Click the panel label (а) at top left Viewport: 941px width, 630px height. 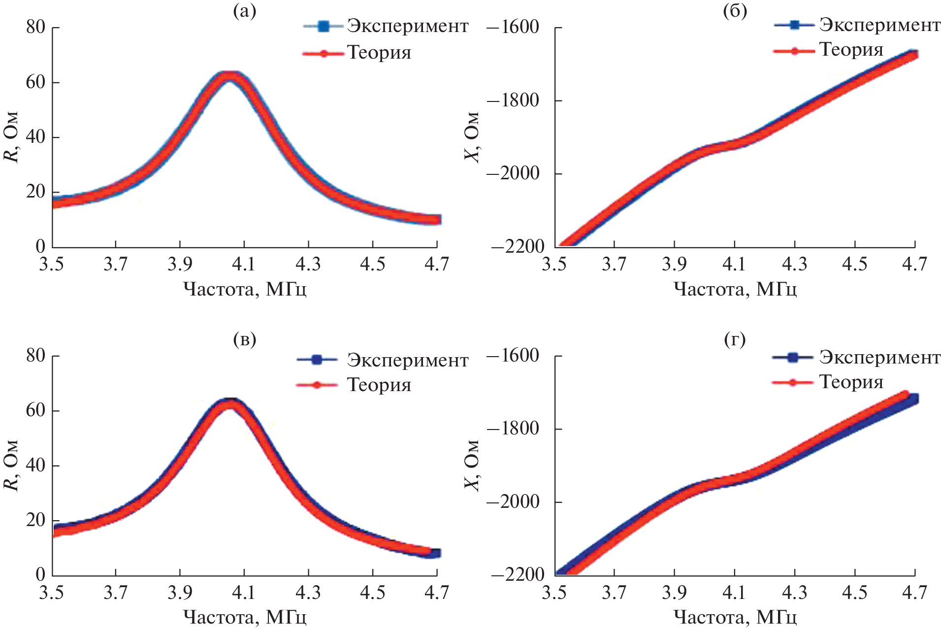click(x=245, y=11)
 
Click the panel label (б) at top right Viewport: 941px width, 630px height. click(x=735, y=11)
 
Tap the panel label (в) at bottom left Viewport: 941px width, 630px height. click(x=245, y=339)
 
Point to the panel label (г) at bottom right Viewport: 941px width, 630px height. click(x=735, y=339)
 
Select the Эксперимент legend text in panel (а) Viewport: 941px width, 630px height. click(x=407, y=26)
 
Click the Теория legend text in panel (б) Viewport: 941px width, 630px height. click(x=851, y=50)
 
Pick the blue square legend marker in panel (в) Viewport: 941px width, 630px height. click(x=317, y=360)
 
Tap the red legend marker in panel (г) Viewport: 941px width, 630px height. click(x=792, y=382)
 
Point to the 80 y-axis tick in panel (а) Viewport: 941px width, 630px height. click(x=35, y=27)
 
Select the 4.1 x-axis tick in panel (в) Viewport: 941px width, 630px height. click(x=244, y=593)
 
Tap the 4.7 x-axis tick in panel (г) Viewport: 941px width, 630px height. click(x=914, y=593)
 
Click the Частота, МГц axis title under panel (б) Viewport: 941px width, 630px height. click(x=735, y=289)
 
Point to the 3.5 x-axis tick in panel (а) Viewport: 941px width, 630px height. click(x=52, y=265)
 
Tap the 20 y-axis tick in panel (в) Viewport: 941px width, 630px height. click(x=35, y=520)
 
